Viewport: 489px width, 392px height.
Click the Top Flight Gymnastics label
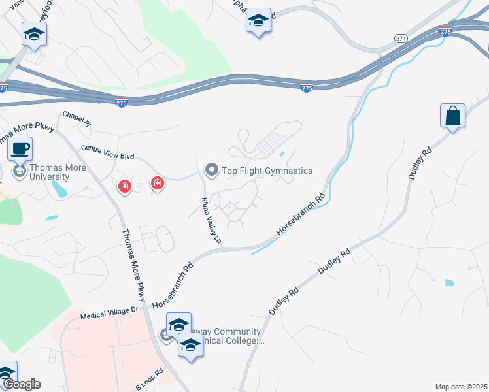click(267, 171)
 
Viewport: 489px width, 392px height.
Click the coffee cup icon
click(20, 148)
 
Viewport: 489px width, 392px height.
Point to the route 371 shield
click(400, 39)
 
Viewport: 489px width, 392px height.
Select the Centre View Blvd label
click(107, 152)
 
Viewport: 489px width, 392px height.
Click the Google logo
click(21, 384)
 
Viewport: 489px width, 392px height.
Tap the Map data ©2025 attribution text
click(462, 387)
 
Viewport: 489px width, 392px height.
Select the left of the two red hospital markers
click(124, 188)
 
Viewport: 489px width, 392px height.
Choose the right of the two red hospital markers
click(157, 184)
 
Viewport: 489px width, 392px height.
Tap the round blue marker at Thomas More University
click(20, 172)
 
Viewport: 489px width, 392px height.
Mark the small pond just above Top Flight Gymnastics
click(282, 155)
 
